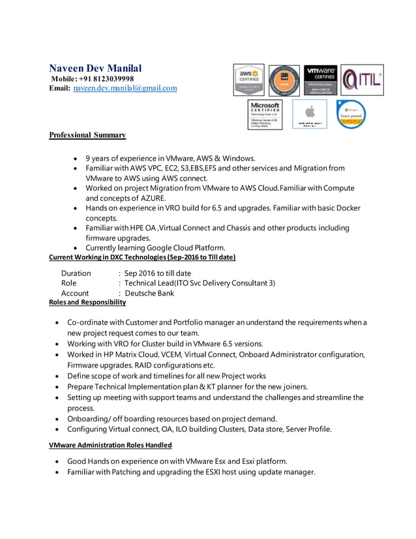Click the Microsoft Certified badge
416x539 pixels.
pos(265,114)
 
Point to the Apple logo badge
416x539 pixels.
pos(309,114)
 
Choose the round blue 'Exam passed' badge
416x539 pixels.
pos(351,114)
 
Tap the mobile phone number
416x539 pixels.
pos(106,78)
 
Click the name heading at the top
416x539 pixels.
pos(96,68)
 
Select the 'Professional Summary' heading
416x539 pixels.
pos(87,135)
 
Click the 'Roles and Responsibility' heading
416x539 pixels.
pos(87,303)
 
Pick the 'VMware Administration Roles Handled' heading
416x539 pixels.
pos(111,445)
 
